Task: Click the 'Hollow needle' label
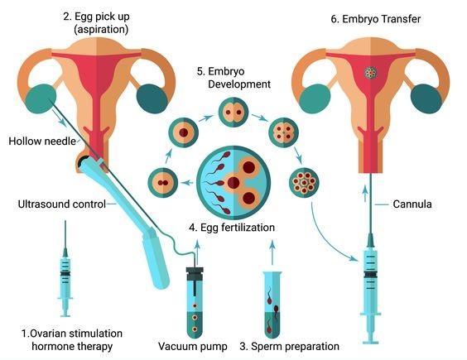(x=42, y=141)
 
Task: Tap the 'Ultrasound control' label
(x=62, y=204)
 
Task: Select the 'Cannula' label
(x=412, y=204)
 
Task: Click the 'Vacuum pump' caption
(x=192, y=346)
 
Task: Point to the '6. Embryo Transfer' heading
(x=376, y=19)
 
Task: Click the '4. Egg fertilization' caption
(x=232, y=228)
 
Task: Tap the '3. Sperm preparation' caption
(x=290, y=346)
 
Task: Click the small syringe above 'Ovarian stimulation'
(x=65, y=269)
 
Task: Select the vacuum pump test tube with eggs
(x=195, y=302)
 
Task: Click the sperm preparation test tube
(x=272, y=305)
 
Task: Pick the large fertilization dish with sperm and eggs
(x=233, y=182)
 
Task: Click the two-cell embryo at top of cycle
(x=233, y=113)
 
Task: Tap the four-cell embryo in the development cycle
(x=283, y=132)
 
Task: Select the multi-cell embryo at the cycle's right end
(x=304, y=182)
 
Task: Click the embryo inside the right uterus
(x=371, y=72)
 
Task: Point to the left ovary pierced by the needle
(x=41, y=98)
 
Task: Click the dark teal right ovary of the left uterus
(x=152, y=98)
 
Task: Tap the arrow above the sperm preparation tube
(x=272, y=252)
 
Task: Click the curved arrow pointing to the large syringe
(x=329, y=238)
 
